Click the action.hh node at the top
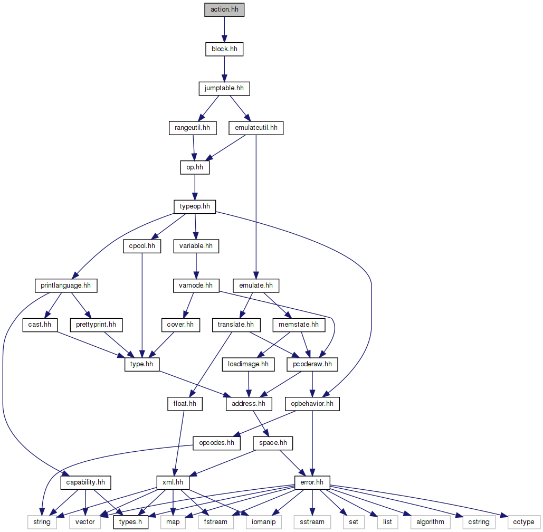click(224, 10)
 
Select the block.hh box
click(224, 49)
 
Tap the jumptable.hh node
click(224, 88)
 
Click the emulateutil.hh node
click(255, 128)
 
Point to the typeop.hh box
click(195, 206)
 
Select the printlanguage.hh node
click(66, 286)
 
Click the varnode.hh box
click(196, 286)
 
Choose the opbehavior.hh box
click(312, 404)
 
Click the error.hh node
click(312, 482)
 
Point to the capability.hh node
click(85, 482)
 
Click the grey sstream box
click(312, 522)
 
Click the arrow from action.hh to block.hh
click(224, 30)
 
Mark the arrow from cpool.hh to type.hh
click(142, 306)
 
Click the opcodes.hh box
click(216, 443)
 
